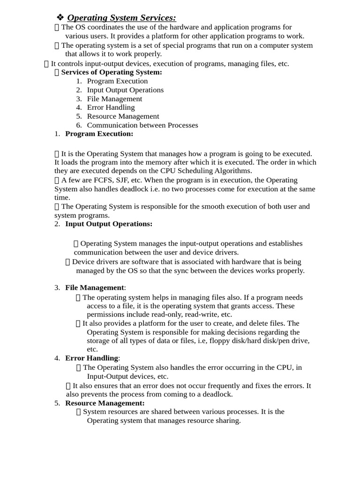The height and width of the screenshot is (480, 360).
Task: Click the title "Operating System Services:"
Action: click(121, 18)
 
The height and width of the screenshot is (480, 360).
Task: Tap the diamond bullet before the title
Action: click(60, 18)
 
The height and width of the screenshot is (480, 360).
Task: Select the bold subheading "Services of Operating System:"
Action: click(112, 72)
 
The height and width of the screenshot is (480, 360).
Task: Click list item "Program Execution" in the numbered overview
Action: click(117, 81)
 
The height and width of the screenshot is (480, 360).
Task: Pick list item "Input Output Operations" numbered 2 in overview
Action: click(125, 90)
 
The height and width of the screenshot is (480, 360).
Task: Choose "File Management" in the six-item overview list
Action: click(114, 99)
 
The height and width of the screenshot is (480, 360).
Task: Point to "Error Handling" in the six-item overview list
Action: click(111, 107)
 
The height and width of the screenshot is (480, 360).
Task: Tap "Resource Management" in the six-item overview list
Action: click(123, 116)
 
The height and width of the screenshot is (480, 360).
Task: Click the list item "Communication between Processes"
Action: click(142, 125)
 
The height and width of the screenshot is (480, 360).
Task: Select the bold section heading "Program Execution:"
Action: click(99, 134)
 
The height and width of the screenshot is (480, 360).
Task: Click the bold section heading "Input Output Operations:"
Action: click(109, 224)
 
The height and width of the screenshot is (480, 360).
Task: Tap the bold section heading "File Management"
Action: click(95, 287)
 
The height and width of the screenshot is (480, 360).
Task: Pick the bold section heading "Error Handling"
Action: click(91, 358)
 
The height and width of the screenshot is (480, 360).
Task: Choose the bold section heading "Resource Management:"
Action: click(105, 403)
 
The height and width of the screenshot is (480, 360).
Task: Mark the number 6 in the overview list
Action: click(79, 125)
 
